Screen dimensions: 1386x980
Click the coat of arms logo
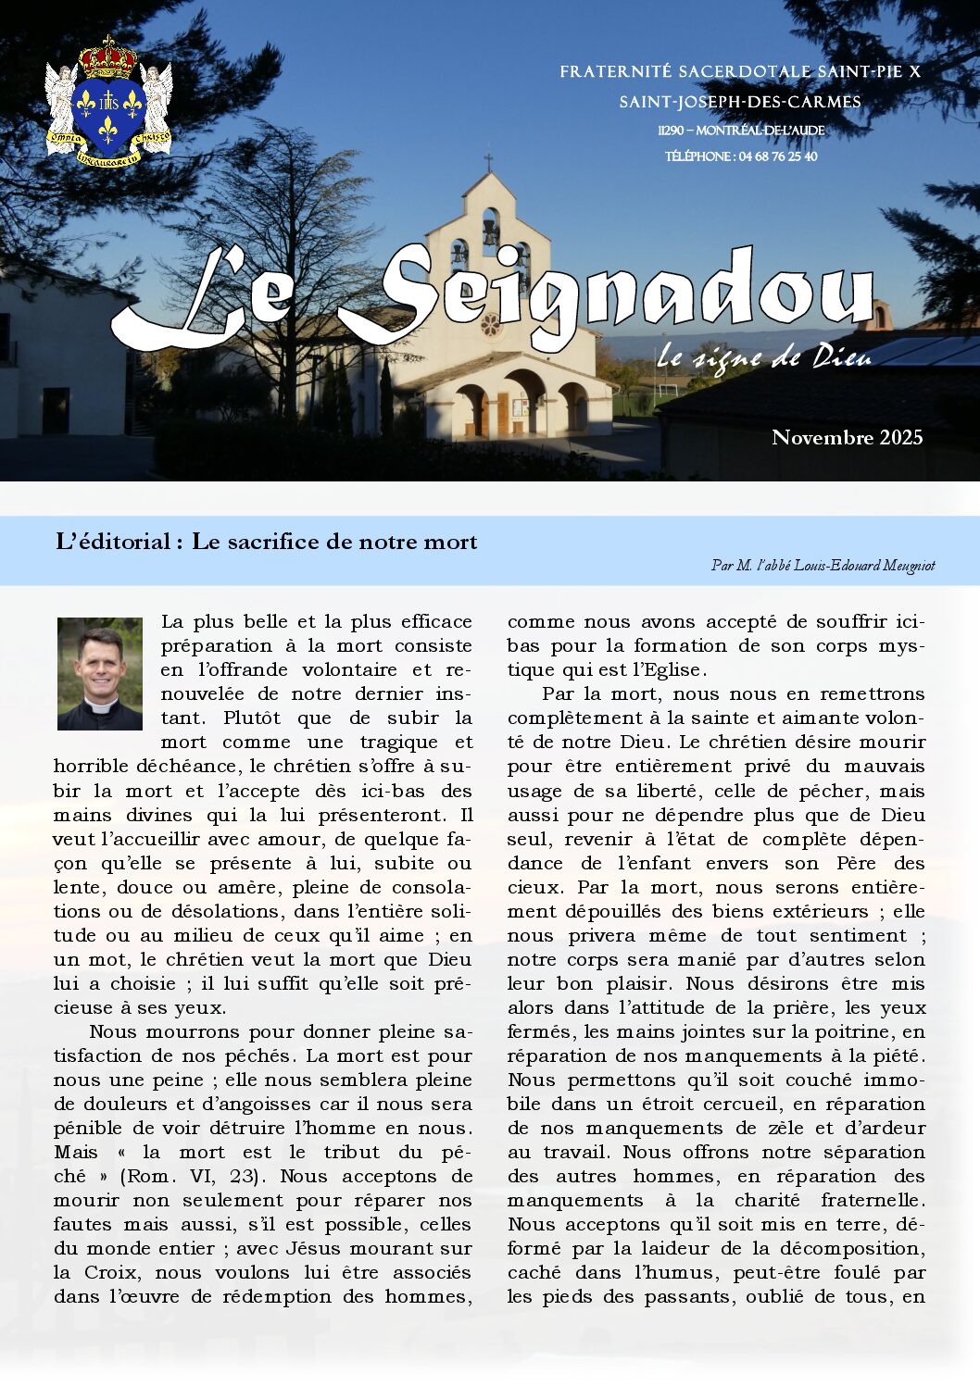pos(108,104)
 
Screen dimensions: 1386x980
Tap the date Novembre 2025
pos(847,437)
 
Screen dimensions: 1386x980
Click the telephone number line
pos(741,156)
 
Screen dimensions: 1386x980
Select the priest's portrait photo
pos(100,673)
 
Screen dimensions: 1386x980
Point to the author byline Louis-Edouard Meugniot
pos(823,565)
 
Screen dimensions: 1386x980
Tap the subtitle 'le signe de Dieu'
pos(764,356)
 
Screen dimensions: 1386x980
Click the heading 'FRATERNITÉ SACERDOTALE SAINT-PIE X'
pos(739,71)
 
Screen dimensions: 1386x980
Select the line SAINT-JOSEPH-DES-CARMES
pos(739,102)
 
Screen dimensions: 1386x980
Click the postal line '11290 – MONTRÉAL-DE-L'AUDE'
pos(741,131)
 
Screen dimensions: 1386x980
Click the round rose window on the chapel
pos(490,325)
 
